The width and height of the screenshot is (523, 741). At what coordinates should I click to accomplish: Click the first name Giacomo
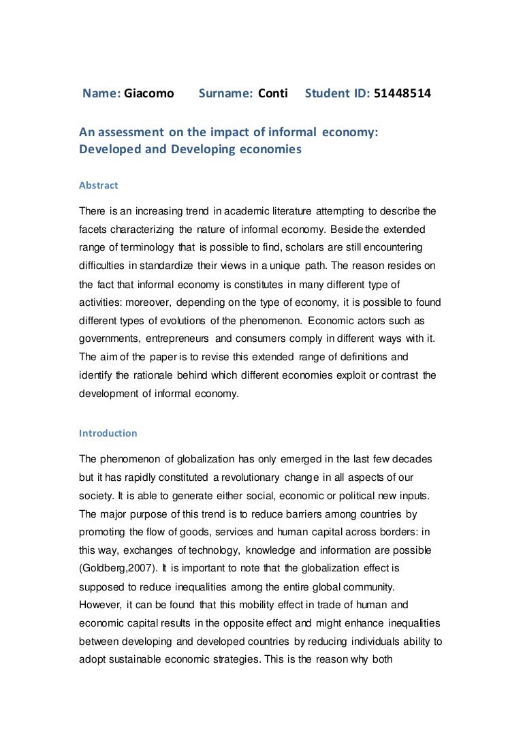[x=149, y=93]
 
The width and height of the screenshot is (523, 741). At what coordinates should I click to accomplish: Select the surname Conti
[x=273, y=93]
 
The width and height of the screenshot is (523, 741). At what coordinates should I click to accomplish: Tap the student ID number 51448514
[x=402, y=93]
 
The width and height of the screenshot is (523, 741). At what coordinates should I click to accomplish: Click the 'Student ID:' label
[x=337, y=93]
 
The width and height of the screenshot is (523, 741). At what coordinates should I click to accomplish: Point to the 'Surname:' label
[x=225, y=93]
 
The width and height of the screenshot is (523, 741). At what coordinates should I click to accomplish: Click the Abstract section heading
[x=99, y=185]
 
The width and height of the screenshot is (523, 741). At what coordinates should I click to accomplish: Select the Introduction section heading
[x=108, y=433]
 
